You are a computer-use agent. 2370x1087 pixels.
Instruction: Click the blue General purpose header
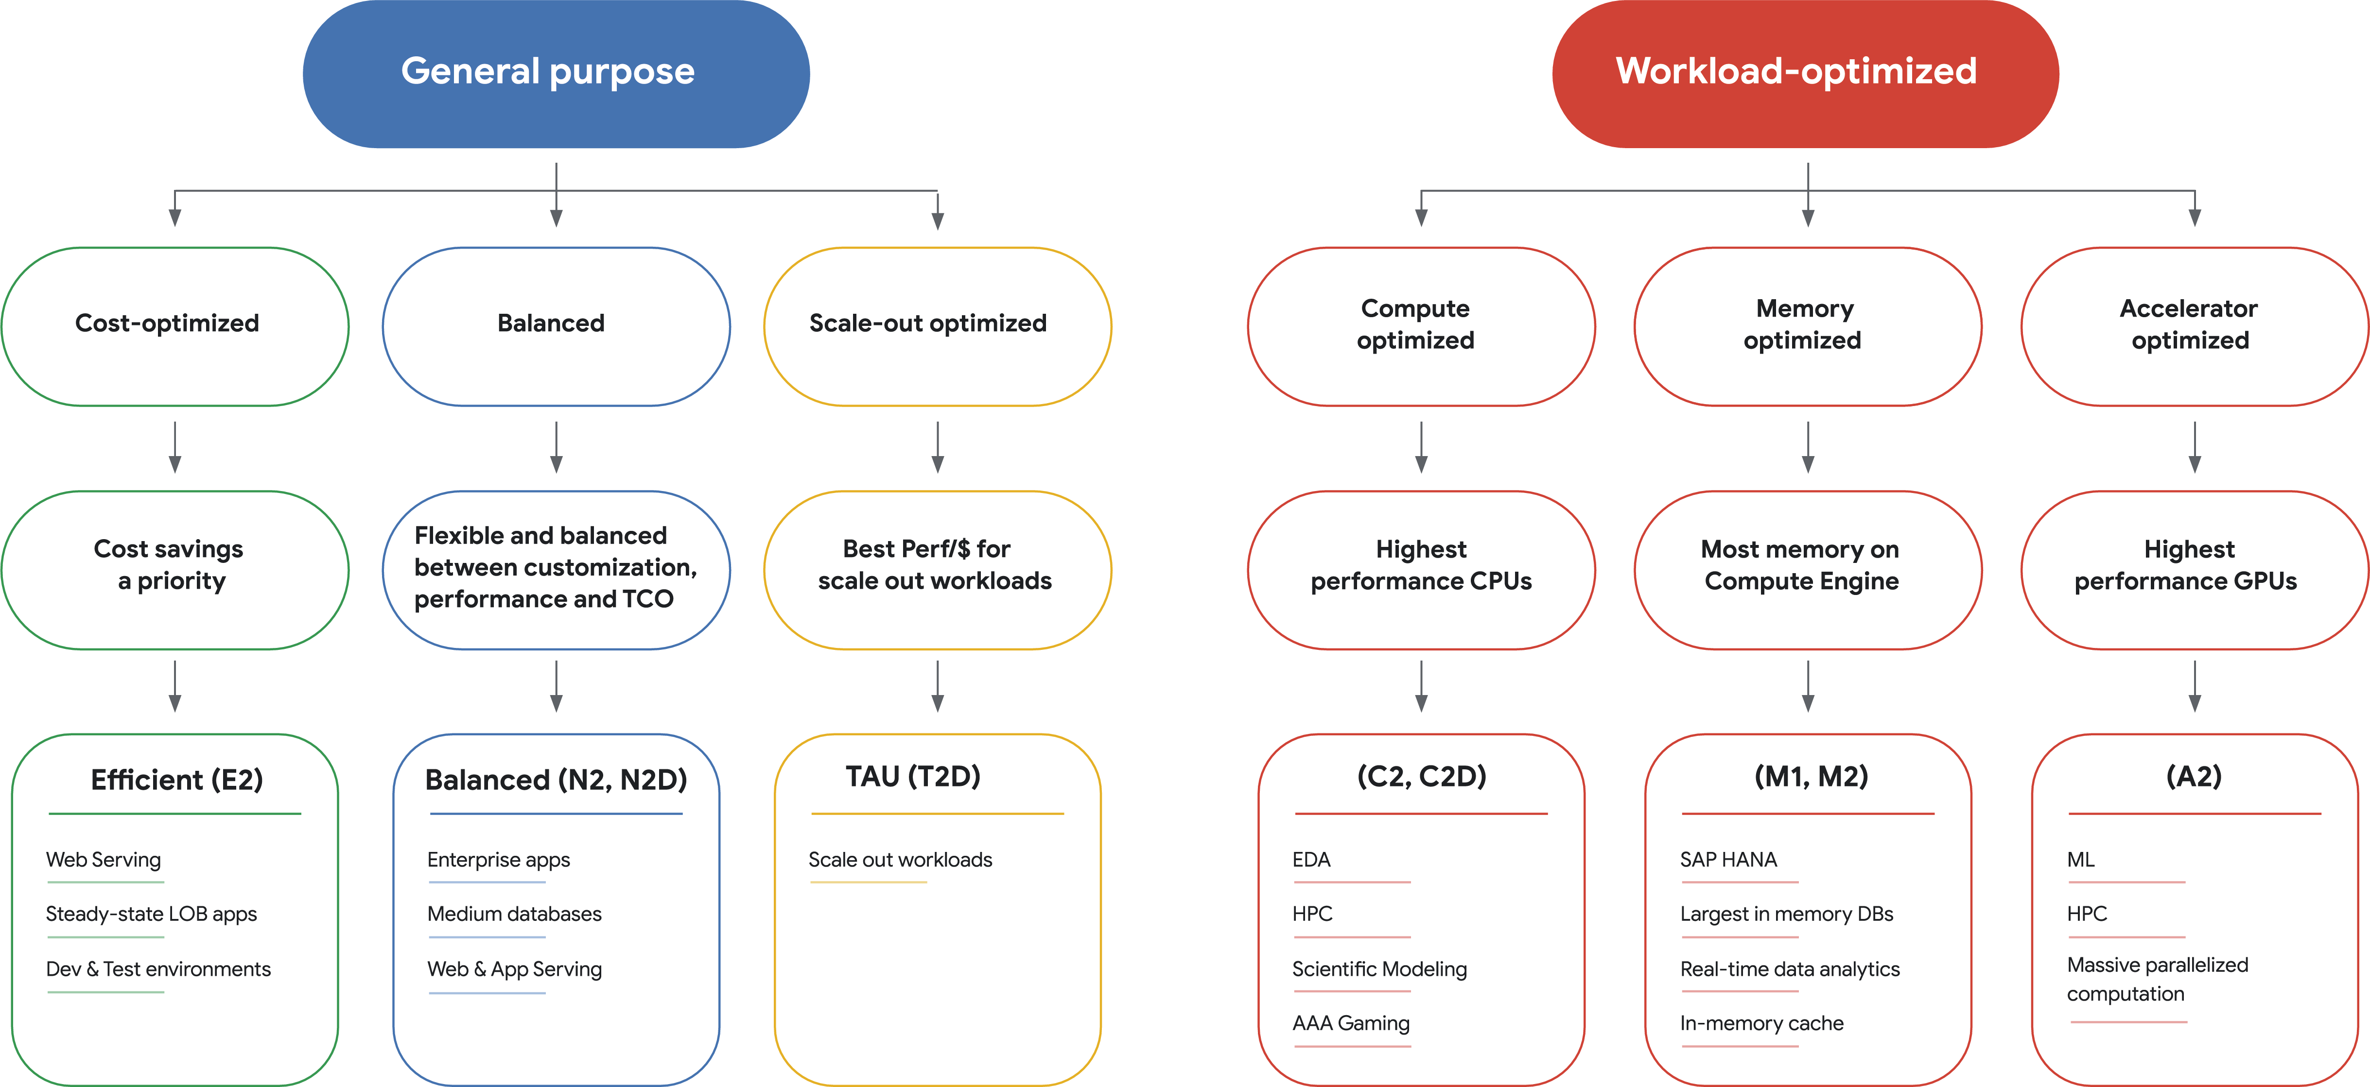pos(556,73)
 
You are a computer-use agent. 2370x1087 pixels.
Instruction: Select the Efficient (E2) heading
pos(176,780)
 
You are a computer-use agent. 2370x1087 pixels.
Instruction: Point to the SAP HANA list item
pos(1728,860)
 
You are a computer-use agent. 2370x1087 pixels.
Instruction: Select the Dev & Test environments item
pos(158,969)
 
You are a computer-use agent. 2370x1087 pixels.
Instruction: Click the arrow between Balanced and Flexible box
pos(556,448)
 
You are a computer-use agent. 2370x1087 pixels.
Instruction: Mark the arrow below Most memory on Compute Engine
pos(1808,686)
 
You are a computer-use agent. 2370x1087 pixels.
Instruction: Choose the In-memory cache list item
pos(1761,1022)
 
